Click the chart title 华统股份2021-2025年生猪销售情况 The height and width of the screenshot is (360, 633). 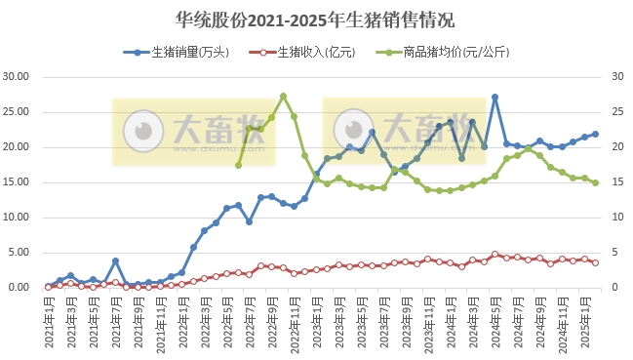pyautogui.click(x=316, y=20)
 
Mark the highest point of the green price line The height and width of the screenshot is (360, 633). pyautogui.click(x=283, y=96)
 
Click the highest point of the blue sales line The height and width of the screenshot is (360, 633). pyautogui.click(x=495, y=97)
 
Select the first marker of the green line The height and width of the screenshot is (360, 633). pyautogui.click(x=238, y=165)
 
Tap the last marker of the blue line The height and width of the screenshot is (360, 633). pyautogui.click(x=595, y=134)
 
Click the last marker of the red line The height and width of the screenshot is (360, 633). pyautogui.click(x=595, y=262)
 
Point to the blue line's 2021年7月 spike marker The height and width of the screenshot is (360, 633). pyautogui.click(x=115, y=260)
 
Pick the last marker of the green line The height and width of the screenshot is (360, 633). pyautogui.click(x=595, y=182)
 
